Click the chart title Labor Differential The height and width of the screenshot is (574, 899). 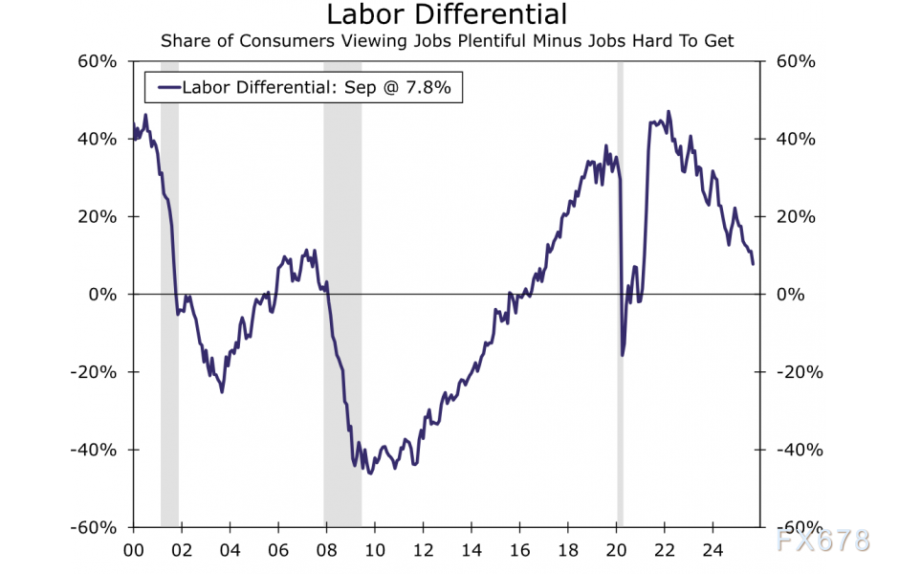tap(447, 15)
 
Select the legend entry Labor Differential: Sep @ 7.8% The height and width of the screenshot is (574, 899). tap(304, 88)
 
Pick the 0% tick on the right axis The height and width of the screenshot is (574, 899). tap(790, 295)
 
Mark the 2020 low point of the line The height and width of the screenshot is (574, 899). tap(623, 355)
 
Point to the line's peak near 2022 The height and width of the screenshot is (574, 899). tap(668, 111)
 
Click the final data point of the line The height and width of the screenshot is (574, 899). tap(753, 263)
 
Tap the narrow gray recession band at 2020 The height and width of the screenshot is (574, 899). tap(620, 287)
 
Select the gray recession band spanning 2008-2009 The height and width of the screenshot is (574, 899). tap(342, 287)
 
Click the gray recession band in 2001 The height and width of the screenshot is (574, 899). tap(169, 287)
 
